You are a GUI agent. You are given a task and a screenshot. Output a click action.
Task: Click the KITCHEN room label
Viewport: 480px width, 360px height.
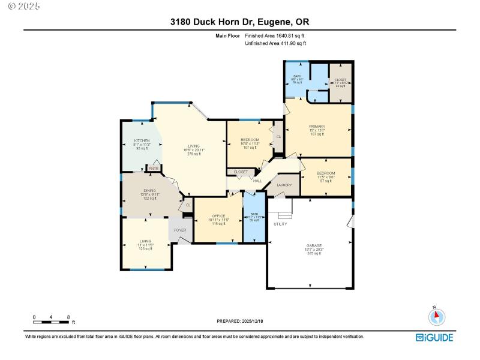(142, 141)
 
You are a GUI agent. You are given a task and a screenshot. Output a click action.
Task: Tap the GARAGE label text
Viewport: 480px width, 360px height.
(314, 245)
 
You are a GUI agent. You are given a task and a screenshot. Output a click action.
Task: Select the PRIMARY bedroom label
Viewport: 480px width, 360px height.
(317, 126)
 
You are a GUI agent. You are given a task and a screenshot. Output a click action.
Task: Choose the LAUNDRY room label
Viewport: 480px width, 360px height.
(284, 185)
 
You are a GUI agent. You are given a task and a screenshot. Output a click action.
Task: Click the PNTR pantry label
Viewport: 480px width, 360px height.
(154, 169)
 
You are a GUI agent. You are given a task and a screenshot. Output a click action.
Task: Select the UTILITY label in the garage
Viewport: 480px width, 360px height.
(280, 224)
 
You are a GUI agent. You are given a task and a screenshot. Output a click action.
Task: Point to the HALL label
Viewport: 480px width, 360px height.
(257, 181)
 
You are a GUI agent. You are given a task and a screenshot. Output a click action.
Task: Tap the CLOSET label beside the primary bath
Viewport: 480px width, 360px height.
(340, 80)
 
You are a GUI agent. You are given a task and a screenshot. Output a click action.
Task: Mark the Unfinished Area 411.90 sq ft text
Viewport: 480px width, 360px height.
(275, 43)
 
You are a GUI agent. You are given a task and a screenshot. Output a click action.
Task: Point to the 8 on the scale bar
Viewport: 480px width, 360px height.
(69, 317)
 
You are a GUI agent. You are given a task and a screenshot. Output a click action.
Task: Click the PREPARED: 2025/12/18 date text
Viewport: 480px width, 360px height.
(239, 322)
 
